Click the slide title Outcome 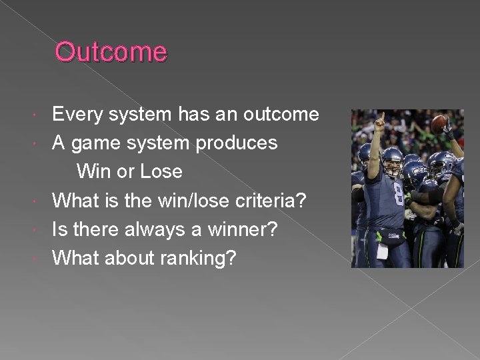click(x=111, y=52)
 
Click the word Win click(x=94, y=172)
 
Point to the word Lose click(x=161, y=172)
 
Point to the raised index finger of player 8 click(x=381, y=117)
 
